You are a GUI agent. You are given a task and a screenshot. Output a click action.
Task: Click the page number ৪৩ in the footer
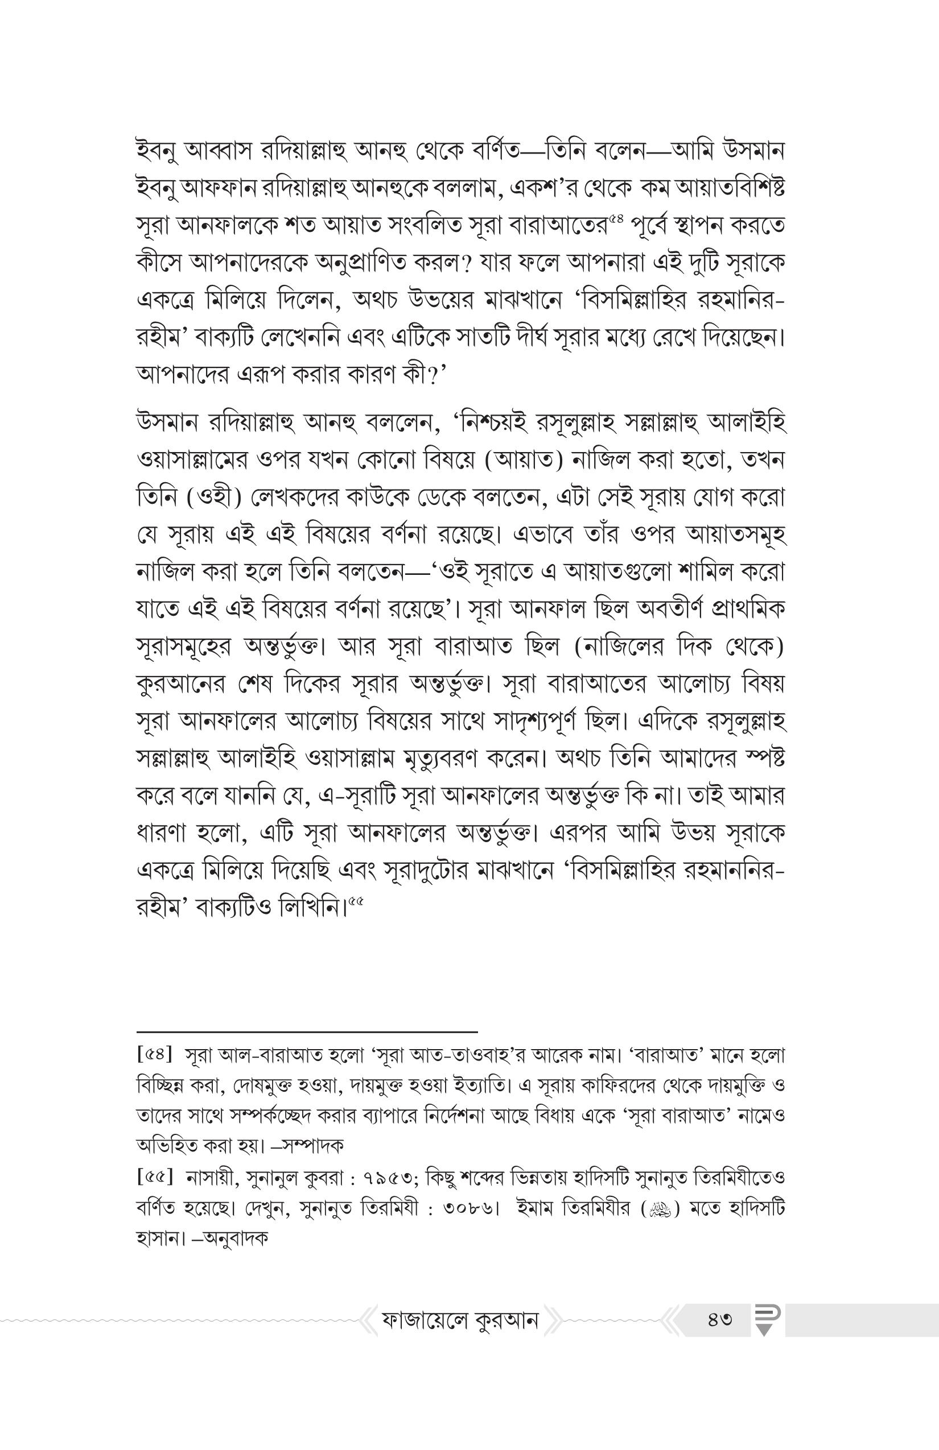point(720,1320)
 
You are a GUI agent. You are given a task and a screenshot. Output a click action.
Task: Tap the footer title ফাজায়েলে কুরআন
point(460,1320)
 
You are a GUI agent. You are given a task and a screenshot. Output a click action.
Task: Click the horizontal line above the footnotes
point(307,1031)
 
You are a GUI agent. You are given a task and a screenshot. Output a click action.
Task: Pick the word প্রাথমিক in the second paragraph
point(748,610)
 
